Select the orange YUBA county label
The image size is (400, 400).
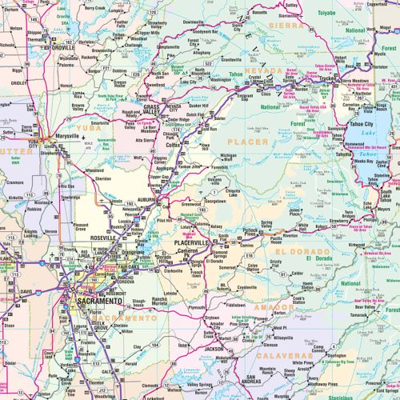(x=84, y=127)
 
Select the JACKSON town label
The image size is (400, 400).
(x=212, y=350)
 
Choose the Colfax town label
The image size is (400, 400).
(x=173, y=145)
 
